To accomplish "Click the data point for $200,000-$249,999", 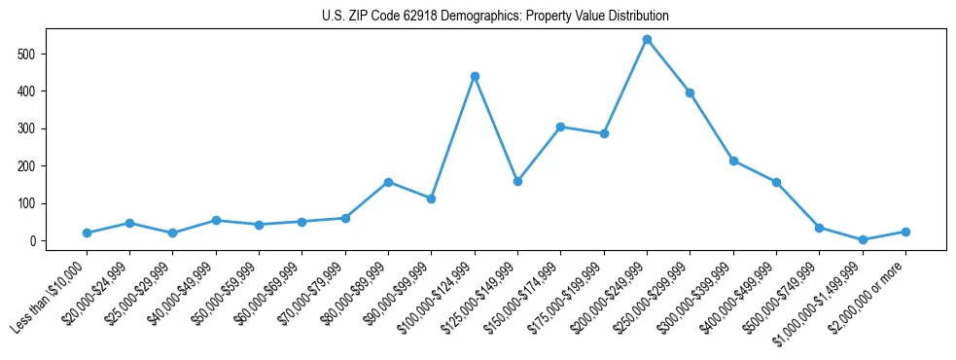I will tap(647, 40).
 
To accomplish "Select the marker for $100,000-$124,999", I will tap(475, 76).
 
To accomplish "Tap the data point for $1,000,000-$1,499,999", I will tap(863, 239).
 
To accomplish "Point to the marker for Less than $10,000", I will tap(88, 234).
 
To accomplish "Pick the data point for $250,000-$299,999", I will tap(690, 92).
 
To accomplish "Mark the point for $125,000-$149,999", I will tap(517, 181).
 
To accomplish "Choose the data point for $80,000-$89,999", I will tap(388, 182).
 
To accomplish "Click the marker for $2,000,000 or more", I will tap(905, 232).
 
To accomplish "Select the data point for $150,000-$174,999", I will tap(561, 126).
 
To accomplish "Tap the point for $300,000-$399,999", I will tap(733, 161).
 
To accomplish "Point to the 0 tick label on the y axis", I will tap(34, 241).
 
